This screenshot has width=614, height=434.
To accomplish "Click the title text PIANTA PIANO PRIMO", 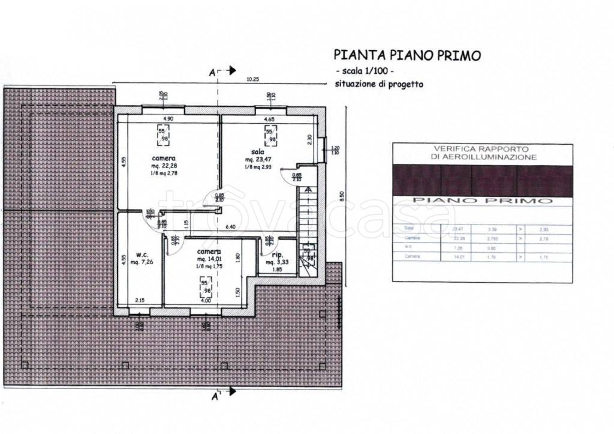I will [x=407, y=56].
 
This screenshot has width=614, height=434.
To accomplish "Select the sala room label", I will [x=259, y=153].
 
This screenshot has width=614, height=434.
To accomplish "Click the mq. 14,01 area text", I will [x=210, y=259].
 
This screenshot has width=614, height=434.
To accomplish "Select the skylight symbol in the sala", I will [x=273, y=135].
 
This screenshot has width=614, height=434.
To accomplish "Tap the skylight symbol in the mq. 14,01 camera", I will [x=205, y=284].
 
